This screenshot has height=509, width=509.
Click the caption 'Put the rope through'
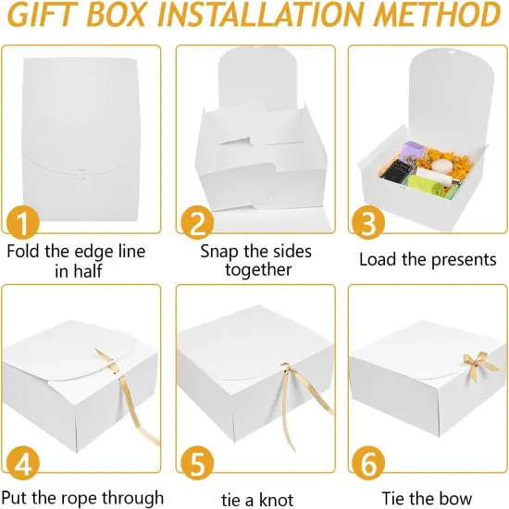[x=85, y=498]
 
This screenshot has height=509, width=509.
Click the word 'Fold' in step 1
[x=25, y=251]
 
